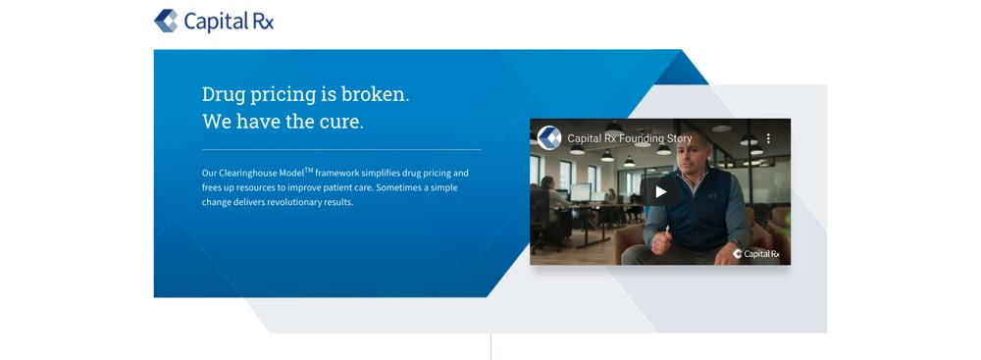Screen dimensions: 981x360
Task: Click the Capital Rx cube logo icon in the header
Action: click(166, 21)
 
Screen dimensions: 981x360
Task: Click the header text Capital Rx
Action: click(229, 22)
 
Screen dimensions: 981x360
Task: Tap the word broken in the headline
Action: click(375, 94)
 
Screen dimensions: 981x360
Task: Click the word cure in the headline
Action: click(340, 122)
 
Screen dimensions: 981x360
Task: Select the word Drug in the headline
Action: click(224, 95)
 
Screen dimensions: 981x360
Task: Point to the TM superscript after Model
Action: click(308, 170)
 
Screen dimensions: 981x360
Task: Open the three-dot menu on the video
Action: click(769, 138)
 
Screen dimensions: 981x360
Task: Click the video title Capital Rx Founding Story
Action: click(630, 138)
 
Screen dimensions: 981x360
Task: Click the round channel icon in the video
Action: click(549, 137)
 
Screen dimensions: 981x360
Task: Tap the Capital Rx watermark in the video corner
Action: click(756, 253)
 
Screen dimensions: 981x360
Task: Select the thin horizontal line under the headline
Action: click(341, 150)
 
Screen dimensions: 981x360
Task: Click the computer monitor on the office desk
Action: click(580, 192)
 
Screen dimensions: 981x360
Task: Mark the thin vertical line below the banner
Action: click(490, 346)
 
